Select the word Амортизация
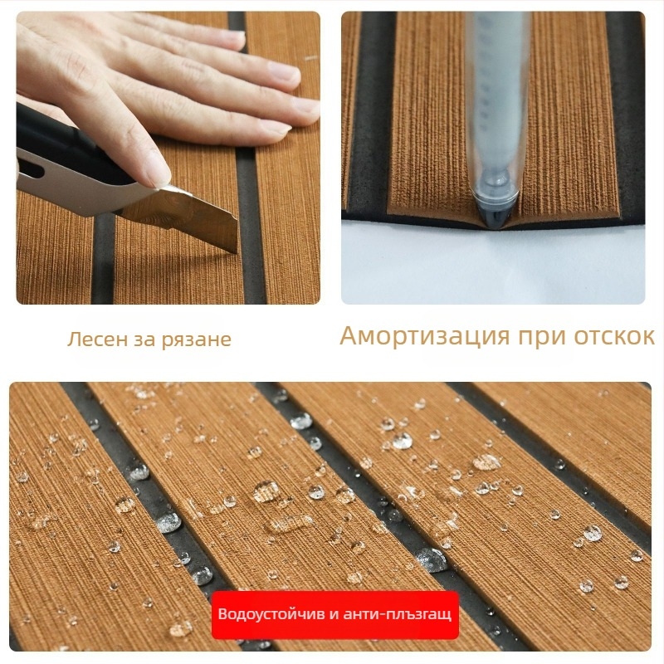click(425, 336)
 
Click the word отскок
click(614, 336)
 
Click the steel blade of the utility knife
click(199, 220)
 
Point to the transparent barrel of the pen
click(496, 106)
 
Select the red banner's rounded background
click(335, 615)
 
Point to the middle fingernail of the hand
click(285, 71)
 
